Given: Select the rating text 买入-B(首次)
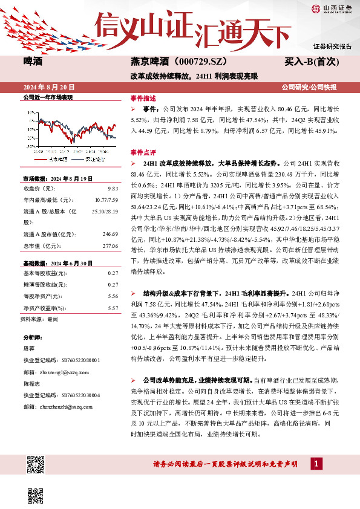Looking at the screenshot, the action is tap(318, 61).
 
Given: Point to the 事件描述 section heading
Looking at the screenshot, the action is tap(143, 97).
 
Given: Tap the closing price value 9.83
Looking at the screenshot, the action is tap(112, 188).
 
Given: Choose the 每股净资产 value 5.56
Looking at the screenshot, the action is tap(112, 296).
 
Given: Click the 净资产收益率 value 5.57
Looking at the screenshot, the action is tap(112, 308).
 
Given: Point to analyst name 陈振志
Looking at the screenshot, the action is tap(31, 384).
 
